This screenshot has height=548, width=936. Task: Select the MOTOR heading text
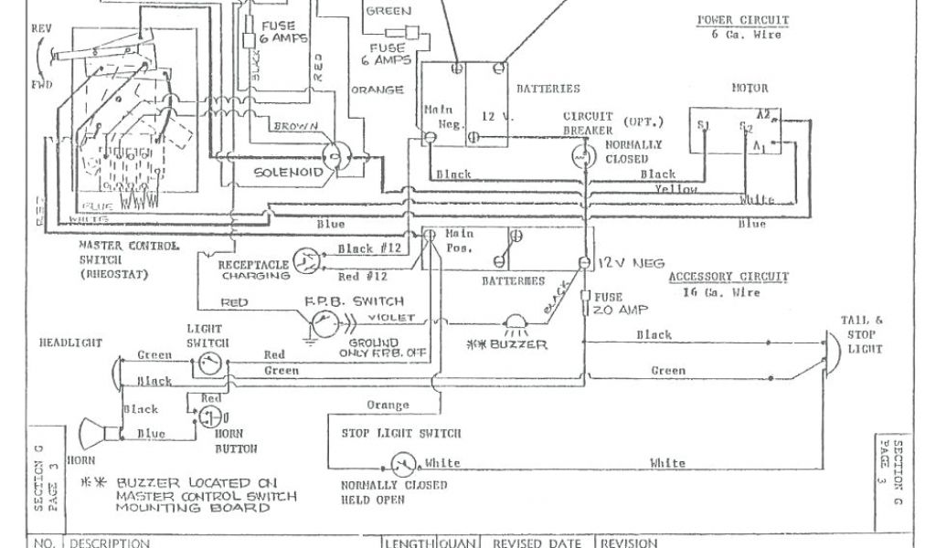(750, 89)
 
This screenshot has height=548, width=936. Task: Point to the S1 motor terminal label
(703, 125)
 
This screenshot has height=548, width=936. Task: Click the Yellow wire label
(676, 189)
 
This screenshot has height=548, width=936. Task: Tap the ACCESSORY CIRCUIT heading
(729, 278)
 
